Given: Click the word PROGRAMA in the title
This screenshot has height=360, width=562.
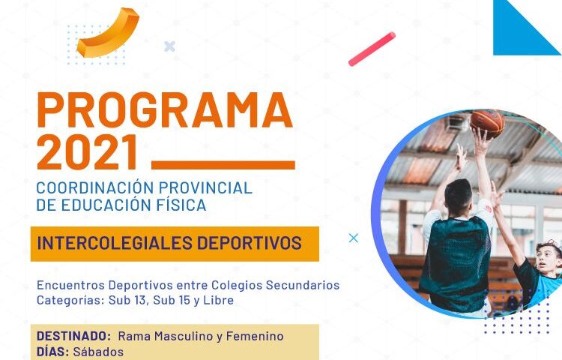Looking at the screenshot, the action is (165, 110).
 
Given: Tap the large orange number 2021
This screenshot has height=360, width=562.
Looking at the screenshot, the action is (88, 152).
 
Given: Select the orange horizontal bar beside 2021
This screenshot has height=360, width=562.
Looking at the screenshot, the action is (223, 165).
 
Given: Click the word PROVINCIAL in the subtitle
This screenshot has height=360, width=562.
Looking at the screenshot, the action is (205, 188).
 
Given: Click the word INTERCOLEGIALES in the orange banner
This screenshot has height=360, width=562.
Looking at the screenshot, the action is (115, 243).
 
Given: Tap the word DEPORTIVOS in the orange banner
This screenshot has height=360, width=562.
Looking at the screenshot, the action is (249, 243).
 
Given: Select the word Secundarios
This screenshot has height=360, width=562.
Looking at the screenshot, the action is (303, 285).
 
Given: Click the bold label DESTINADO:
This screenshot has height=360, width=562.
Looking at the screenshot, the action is (74, 336).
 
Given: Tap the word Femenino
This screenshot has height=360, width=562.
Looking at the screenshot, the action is (255, 336).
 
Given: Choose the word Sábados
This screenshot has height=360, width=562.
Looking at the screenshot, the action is (98, 352).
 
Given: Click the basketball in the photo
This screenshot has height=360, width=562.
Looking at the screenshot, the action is (487, 123).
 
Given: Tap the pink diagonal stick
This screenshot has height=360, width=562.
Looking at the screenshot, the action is (372, 49).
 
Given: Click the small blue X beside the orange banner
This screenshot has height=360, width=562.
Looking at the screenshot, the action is (354, 238).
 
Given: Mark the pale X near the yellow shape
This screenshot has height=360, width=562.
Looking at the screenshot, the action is (169, 46).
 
